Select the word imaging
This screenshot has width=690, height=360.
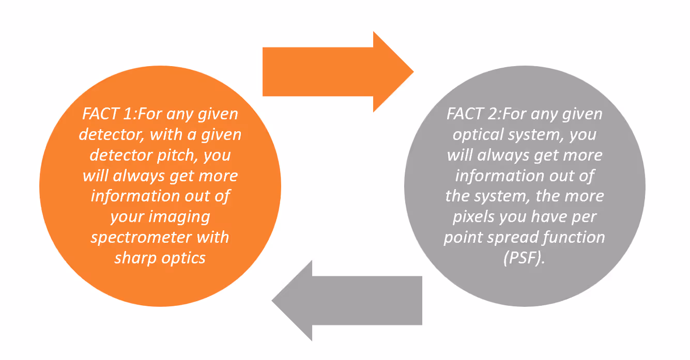click(x=180, y=216)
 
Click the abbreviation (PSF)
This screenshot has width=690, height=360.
click(x=524, y=258)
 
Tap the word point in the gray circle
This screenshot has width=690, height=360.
click(x=463, y=238)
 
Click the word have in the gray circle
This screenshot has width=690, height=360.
click(x=548, y=217)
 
